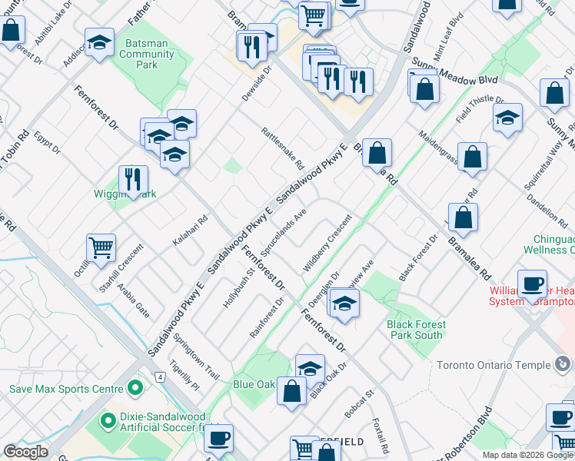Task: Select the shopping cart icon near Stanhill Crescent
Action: pos(101,247)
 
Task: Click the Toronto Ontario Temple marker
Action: pos(562,363)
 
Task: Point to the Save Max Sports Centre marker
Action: pos(136,387)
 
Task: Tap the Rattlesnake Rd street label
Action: pos(283,149)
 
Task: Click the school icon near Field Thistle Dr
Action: pos(507,118)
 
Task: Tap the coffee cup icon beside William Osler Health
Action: pos(532,284)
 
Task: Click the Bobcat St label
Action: pos(359,403)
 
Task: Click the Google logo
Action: pos(25,452)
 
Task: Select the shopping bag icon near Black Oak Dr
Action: pos(293,392)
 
